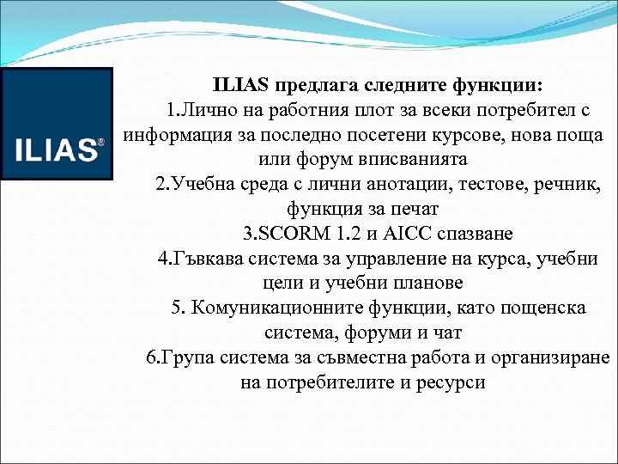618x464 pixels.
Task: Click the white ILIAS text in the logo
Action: (x=56, y=150)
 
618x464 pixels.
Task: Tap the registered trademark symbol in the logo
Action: (x=101, y=142)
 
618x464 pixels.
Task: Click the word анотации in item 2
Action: (x=403, y=185)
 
